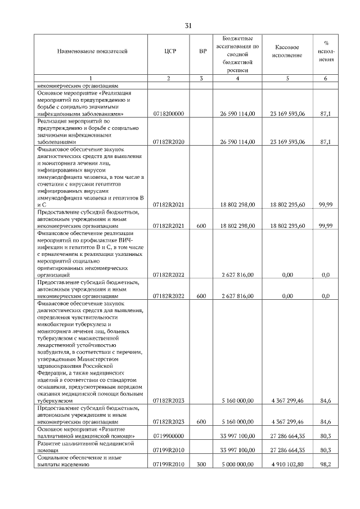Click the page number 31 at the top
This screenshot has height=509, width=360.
coord(188,25)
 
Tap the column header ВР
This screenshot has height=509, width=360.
coord(202,52)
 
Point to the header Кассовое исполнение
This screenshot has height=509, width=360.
coord(287,51)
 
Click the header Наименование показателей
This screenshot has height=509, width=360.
coord(92,52)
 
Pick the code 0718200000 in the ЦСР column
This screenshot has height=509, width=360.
coord(169,114)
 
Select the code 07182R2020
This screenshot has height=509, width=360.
coord(169,142)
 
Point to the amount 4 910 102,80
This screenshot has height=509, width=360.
coord(287,465)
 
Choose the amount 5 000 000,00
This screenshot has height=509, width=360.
coord(238,465)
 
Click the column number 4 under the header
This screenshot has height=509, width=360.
coord(238,78)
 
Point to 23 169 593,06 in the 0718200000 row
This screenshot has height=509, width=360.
coord(287,114)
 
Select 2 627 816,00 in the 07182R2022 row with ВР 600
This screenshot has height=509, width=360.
coord(238,295)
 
